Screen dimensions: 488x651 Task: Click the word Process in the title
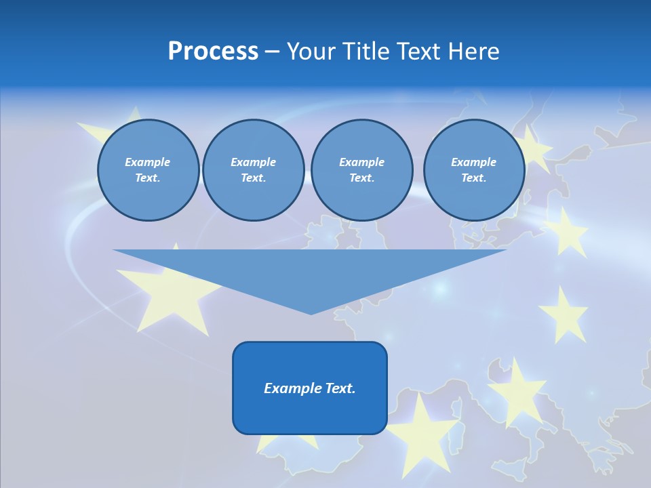pyautogui.click(x=213, y=52)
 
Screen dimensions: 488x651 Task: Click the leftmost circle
pyautogui.click(x=148, y=170)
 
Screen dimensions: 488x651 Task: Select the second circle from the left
pyautogui.click(x=253, y=170)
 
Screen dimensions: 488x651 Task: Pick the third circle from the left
pyautogui.click(x=361, y=170)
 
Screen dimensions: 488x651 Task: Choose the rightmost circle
pyautogui.click(x=473, y=170)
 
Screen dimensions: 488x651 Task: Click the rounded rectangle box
pyautogui.click(x=310, y=388)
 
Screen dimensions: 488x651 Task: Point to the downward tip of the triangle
pyautogui.click(x=311, y=312)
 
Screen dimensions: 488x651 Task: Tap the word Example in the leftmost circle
pyautogui.click(x=148, y=162)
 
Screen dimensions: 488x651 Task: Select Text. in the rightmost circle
pyautogui.click(x=473, y=178)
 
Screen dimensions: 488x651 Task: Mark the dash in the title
pyautogui.click(x=273, y=52)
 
